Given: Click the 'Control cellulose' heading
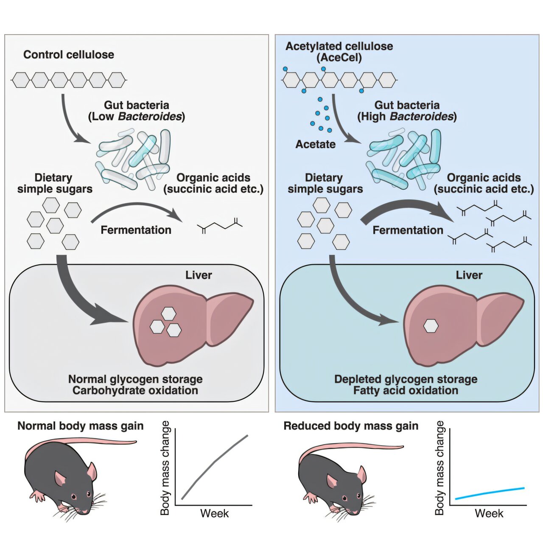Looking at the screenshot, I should (69, 55).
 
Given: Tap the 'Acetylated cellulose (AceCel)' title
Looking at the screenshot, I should (339, 52).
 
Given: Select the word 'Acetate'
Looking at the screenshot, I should (315, 144).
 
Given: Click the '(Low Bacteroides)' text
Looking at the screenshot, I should (136, 117).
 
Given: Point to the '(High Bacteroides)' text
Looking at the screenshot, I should (407, 117).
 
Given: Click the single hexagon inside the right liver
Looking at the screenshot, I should (431, 326).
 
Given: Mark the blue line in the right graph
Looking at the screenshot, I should (490, 493).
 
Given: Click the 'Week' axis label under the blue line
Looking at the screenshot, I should (489, 513).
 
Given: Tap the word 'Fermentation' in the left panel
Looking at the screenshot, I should (136, 230).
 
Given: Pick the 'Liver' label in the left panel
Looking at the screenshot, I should (199, 275).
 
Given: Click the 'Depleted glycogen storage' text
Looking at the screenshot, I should (406, 379).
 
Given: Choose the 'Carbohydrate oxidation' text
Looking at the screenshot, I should (135, 390).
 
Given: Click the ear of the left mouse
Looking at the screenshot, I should (92, 470).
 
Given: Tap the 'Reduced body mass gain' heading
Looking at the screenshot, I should (351, 426).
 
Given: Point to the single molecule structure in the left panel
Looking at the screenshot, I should (220, 227).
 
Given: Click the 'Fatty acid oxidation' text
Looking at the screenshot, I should (406, 390).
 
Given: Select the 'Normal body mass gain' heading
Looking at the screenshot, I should (80, 426).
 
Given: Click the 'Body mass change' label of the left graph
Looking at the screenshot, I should (165, 467).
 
